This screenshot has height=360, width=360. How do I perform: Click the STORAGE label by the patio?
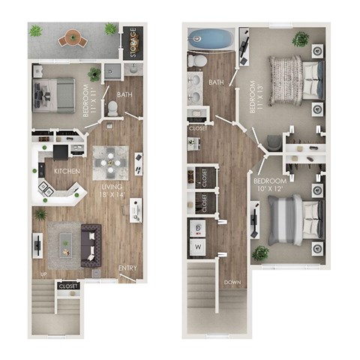pyautogui.click(x=133, y=42)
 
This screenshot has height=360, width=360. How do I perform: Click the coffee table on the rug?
pyautogui.click(x=68, y=241)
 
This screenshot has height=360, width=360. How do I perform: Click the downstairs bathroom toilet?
pyautogui.click(x=112, y=108)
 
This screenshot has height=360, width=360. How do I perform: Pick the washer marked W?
pyautogui.click(x=198, y=245)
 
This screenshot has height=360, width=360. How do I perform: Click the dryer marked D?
pyautogui.click(x=198, y=227)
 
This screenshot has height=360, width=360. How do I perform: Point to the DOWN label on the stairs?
pyautogui.click(x=232, y=283)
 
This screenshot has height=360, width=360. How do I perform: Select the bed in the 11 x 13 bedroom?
pyautogui.click(x=295, y=73)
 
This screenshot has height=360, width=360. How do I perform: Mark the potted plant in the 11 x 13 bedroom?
pyautogui.click(x=302, y=37)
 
